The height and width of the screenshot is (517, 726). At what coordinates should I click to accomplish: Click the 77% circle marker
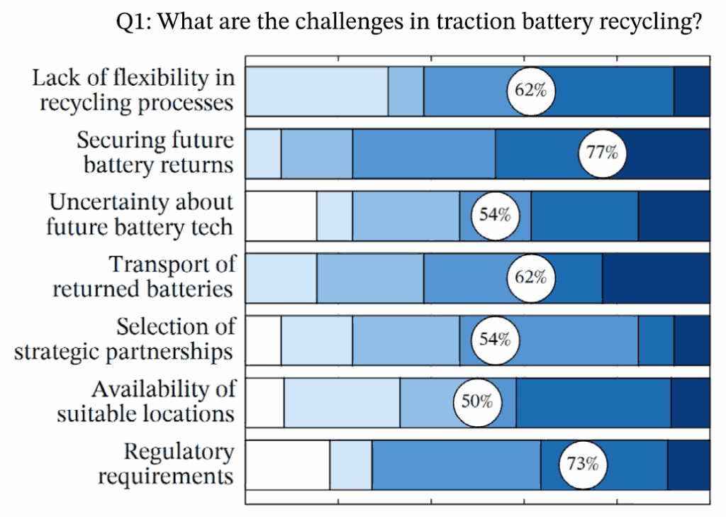click(602, 152)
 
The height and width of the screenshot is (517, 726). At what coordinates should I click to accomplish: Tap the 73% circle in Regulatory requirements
click(583, 465)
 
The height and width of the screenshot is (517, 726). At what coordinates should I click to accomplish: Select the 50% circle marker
click(476, 402)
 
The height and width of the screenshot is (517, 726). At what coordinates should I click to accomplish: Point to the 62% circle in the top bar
click(530, 91)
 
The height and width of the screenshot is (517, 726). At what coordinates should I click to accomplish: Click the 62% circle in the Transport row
click(530, 277)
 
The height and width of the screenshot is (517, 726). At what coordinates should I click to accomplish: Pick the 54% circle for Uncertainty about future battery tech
click(494, 215)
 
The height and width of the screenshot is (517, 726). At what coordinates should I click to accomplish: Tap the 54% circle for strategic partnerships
click(494, 339)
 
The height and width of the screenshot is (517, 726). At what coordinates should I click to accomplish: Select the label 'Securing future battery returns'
click(155, 152)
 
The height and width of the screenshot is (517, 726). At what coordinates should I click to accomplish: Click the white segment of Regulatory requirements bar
click(288, 465)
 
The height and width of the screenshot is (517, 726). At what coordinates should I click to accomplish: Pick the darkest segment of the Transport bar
click(656, 277)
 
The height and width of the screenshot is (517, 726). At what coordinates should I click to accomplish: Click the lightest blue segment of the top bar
click(317, 91)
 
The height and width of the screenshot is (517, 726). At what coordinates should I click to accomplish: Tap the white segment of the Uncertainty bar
click(281, 215)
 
